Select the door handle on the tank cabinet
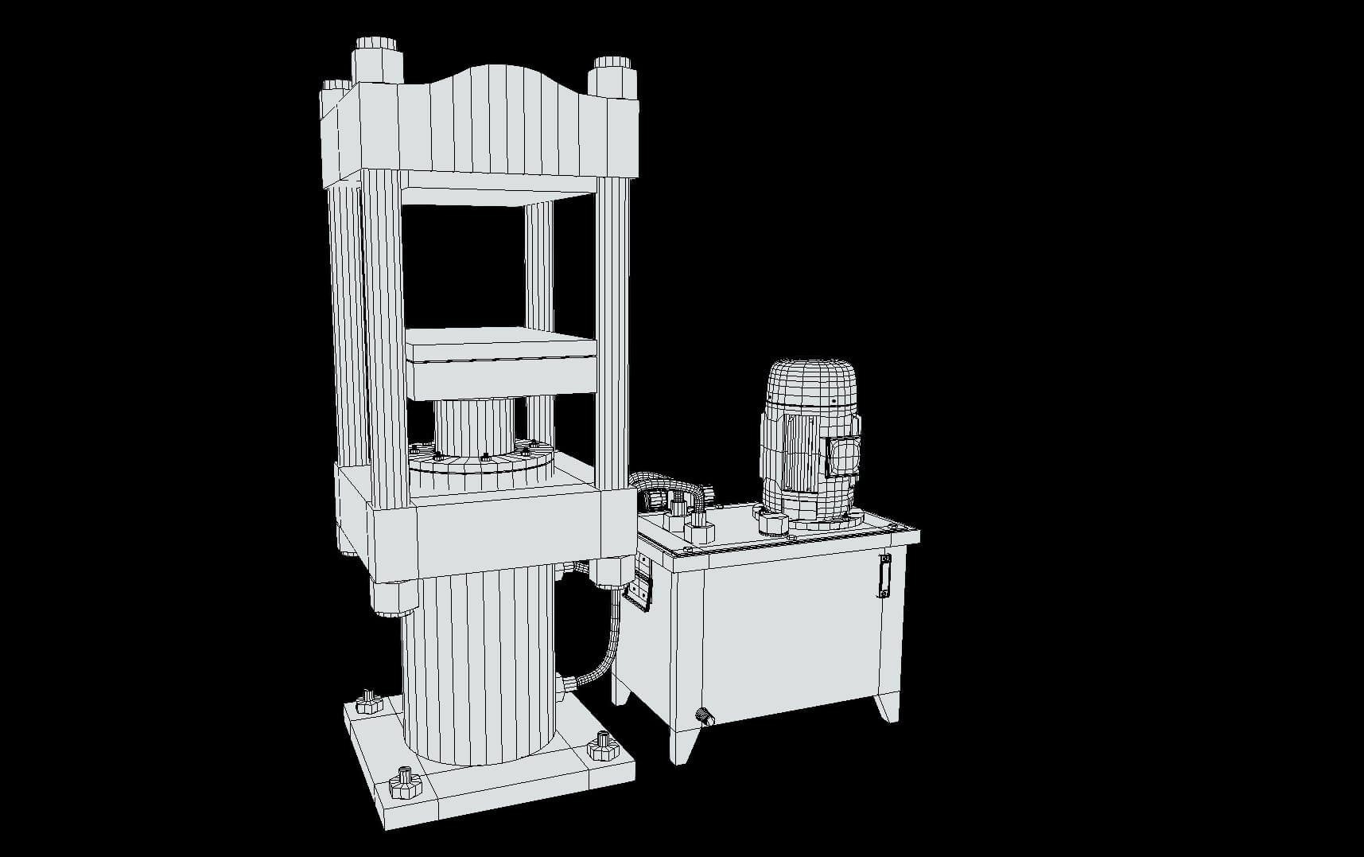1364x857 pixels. point(884,575)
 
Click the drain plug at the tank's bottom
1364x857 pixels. point(703,716)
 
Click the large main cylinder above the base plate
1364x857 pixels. point(477,668)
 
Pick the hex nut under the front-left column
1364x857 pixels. point(393,597)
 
